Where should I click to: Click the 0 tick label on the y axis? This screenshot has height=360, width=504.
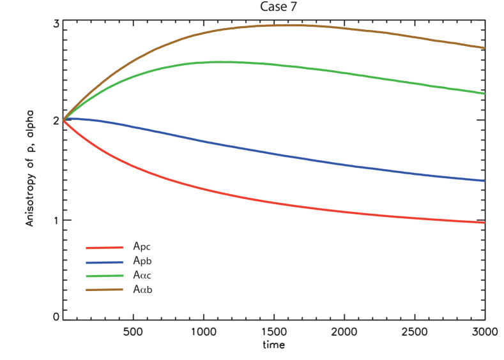56,317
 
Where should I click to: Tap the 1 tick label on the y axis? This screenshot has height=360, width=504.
56,220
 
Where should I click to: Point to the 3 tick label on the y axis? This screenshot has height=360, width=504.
56,24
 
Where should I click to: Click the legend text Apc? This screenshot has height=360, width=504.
142,246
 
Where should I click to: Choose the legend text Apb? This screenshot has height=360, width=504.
142,261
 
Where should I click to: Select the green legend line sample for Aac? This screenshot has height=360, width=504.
104,276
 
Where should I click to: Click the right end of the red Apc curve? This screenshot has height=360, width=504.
484,222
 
